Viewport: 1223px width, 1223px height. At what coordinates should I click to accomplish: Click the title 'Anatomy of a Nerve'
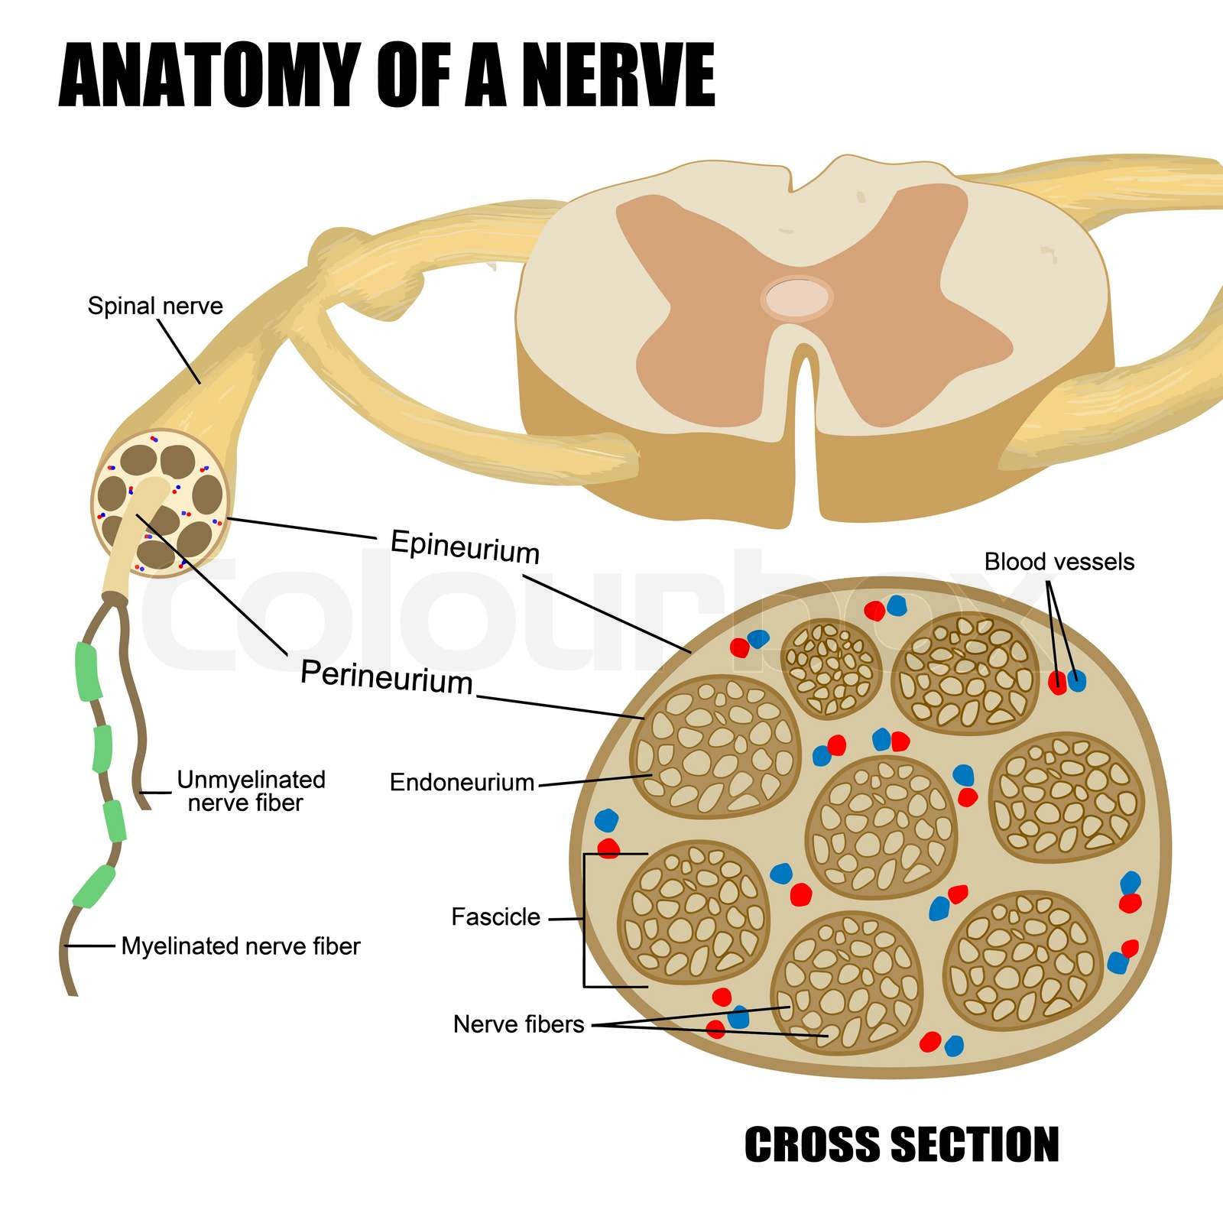tap(387, 75)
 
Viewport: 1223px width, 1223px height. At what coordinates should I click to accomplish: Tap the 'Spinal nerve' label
tap(155, 306)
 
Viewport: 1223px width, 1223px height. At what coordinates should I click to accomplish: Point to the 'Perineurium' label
tap(387, 676)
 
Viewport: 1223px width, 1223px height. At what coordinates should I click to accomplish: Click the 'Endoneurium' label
tap(462, 782)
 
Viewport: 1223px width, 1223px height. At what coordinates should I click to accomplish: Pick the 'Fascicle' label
tap(495, 916)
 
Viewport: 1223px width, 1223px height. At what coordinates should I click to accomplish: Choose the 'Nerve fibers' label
tap(518, 1023)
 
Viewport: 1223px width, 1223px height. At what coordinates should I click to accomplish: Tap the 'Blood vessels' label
tap(1059, 562)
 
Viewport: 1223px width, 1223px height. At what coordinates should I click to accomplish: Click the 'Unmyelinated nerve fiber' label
tap(251, 790)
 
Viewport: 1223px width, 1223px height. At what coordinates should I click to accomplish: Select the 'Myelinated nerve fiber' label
tap(241, 946)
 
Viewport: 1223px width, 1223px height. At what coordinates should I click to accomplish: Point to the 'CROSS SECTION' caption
tap(901, 1145)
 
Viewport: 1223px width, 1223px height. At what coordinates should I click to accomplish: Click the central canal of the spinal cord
tap(796, 297)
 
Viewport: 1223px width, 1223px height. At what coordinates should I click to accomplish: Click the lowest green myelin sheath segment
tap(94, 887)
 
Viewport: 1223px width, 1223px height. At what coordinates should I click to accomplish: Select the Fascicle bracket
tap(586, 920)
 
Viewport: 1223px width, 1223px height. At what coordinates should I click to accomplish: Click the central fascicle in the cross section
tap(881, 826)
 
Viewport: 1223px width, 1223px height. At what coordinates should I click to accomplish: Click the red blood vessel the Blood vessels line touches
tap(1057, 682)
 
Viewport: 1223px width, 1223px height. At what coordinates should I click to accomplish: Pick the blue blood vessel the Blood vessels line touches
tap(1077, 680)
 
